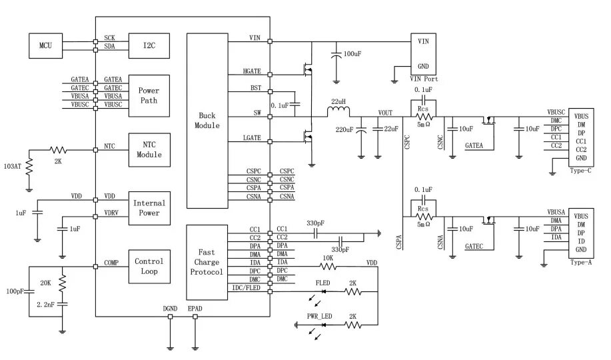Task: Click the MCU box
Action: (45, 45)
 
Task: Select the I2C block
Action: (149, 45)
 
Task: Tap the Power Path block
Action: (149, 95)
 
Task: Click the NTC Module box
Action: (149, 150)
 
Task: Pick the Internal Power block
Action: (149, 208)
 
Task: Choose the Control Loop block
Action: (149, 267)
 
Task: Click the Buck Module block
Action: (207, 121)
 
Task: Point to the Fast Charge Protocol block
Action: (207, 262)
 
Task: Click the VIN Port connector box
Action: (423, 54)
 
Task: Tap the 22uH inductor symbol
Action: (338, 112)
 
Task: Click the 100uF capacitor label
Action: (352, 54)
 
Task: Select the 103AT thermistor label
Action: (13, 167)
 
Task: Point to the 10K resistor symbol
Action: (328, 267)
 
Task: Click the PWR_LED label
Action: (320, 316)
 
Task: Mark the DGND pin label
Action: (170, 309)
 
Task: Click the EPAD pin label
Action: (195, 309)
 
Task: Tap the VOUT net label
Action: (385, 113)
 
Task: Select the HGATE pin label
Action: (252, 71)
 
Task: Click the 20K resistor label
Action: (45, 283)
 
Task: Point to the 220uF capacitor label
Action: (344, 129)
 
